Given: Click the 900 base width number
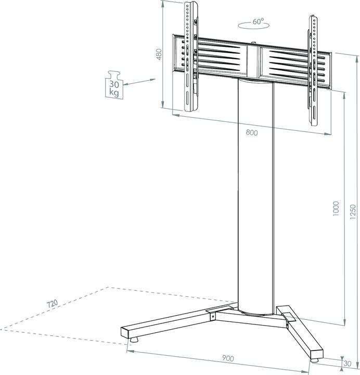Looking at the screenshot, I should [227, 358].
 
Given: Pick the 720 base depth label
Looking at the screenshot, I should [52, 303].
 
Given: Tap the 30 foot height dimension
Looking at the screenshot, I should [349, 363].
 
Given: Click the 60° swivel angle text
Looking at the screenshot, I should [258, 22].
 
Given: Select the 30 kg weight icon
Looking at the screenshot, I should [114, 85].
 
